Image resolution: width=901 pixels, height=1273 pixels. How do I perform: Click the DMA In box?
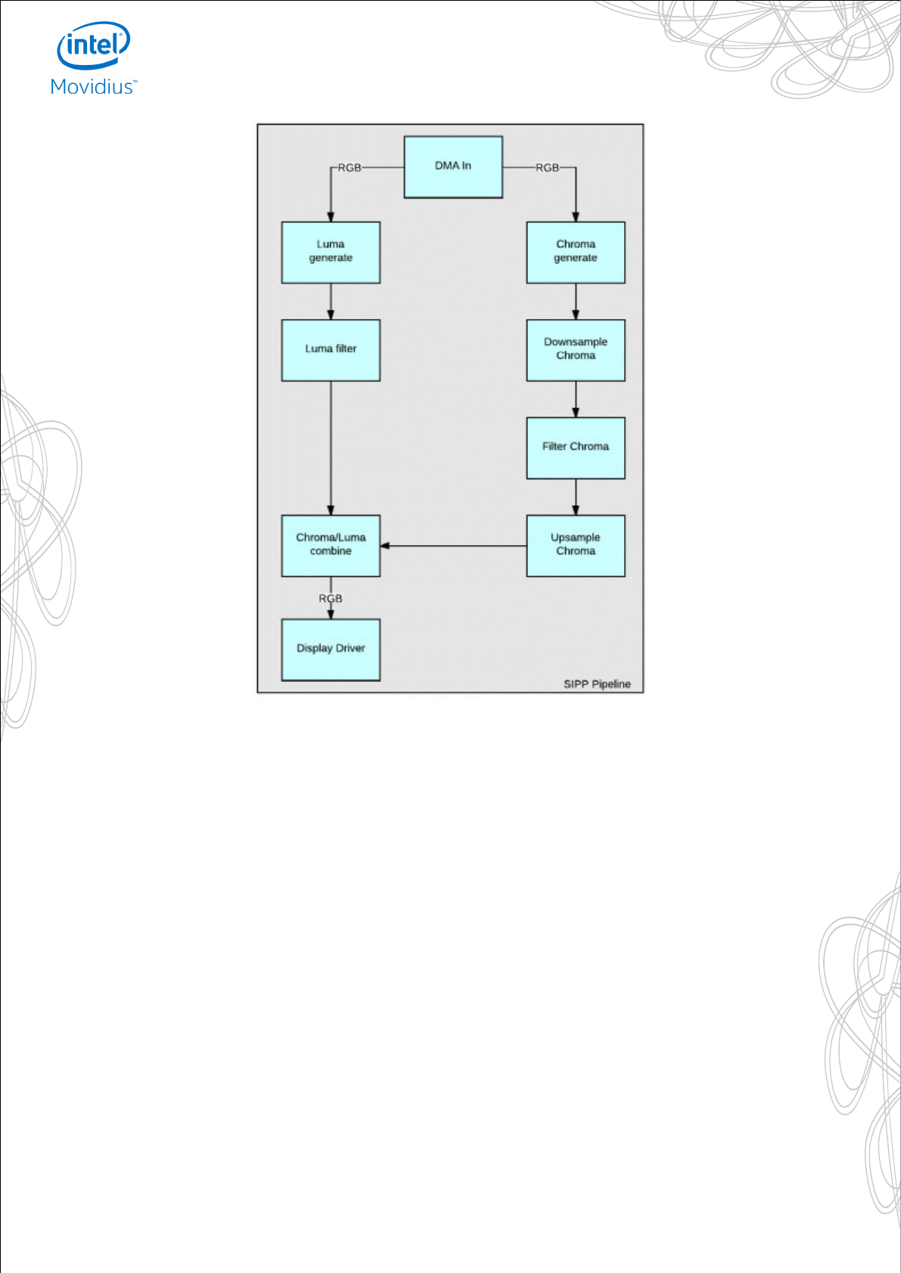pos(453,167)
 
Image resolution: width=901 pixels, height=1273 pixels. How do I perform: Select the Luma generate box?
pos(331,252)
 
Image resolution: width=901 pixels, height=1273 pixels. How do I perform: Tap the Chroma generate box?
pos(576,252)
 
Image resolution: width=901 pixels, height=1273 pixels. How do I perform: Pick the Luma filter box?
pos(331,350)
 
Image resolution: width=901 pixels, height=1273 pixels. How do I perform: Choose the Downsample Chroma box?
pos(576,350)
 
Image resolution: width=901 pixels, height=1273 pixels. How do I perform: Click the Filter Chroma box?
pos(576,448)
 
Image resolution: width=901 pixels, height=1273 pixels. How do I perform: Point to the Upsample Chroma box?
pos(576,546)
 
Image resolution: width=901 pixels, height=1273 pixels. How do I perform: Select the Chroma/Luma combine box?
pos(331,546)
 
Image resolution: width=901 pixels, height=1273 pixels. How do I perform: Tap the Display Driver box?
pos(331,649)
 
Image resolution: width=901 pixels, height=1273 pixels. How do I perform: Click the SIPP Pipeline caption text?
pos(597,684)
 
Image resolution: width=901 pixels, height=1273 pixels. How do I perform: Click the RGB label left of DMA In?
pos(350,168)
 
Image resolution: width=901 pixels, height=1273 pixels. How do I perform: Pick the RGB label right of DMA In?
pos(547,168)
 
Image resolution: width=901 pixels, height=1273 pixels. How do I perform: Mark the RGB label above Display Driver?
pos(331,599)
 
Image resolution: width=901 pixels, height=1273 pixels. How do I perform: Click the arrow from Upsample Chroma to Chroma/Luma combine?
pos(453,546)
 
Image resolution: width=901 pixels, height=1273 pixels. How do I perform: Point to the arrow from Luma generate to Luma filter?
pos(331,302)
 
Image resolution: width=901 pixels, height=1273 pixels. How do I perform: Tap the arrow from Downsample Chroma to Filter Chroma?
pos(576,399)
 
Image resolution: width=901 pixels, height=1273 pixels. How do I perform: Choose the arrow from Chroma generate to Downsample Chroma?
pos(576,302)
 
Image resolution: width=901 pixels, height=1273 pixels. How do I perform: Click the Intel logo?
pos(94,45)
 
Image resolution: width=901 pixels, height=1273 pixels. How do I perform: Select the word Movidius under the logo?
pos(92,87)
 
